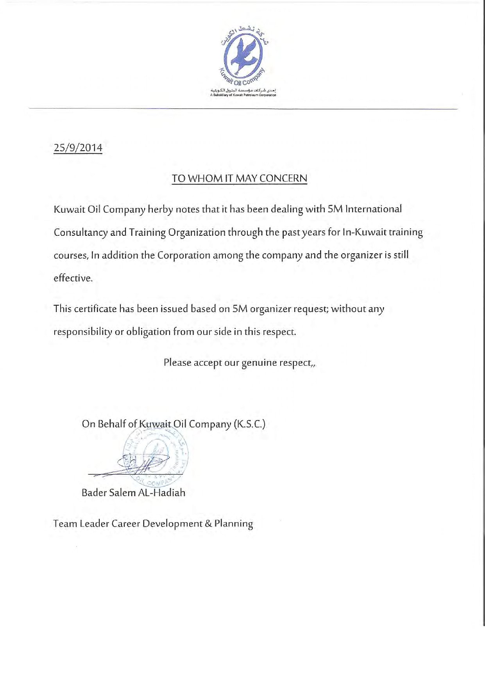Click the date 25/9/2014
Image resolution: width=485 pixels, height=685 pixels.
[x=78, y=148]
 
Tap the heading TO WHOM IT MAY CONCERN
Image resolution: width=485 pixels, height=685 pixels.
[x=240, y=178]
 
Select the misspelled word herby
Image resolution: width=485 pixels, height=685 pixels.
[x=160, y=210]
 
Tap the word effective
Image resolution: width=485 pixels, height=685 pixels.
[x=73, y=278]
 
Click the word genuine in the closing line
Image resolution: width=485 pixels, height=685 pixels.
[x=259, y=363]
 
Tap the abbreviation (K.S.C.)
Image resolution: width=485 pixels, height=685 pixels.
[x=249, y=424]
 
